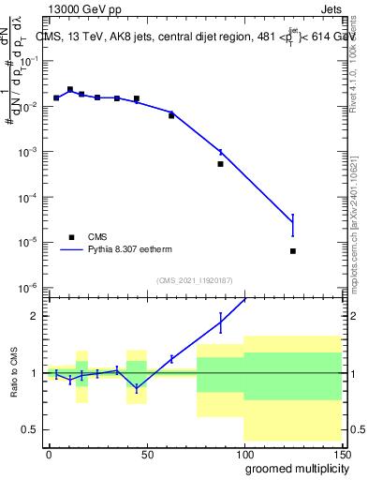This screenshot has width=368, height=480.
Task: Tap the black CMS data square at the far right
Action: [x=293, y=251]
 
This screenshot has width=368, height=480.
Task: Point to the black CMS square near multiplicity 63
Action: [x=171, y=115]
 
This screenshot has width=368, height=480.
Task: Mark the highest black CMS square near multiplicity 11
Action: [x=70, y=89]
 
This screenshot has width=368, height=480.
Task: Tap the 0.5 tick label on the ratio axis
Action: [x=31, y=429]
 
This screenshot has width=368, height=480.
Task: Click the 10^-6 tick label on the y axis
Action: [x=28, y=288]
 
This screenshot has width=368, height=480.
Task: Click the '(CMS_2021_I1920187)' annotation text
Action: [x=195, y=280]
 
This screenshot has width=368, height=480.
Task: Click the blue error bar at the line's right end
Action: [x=293, y=224]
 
